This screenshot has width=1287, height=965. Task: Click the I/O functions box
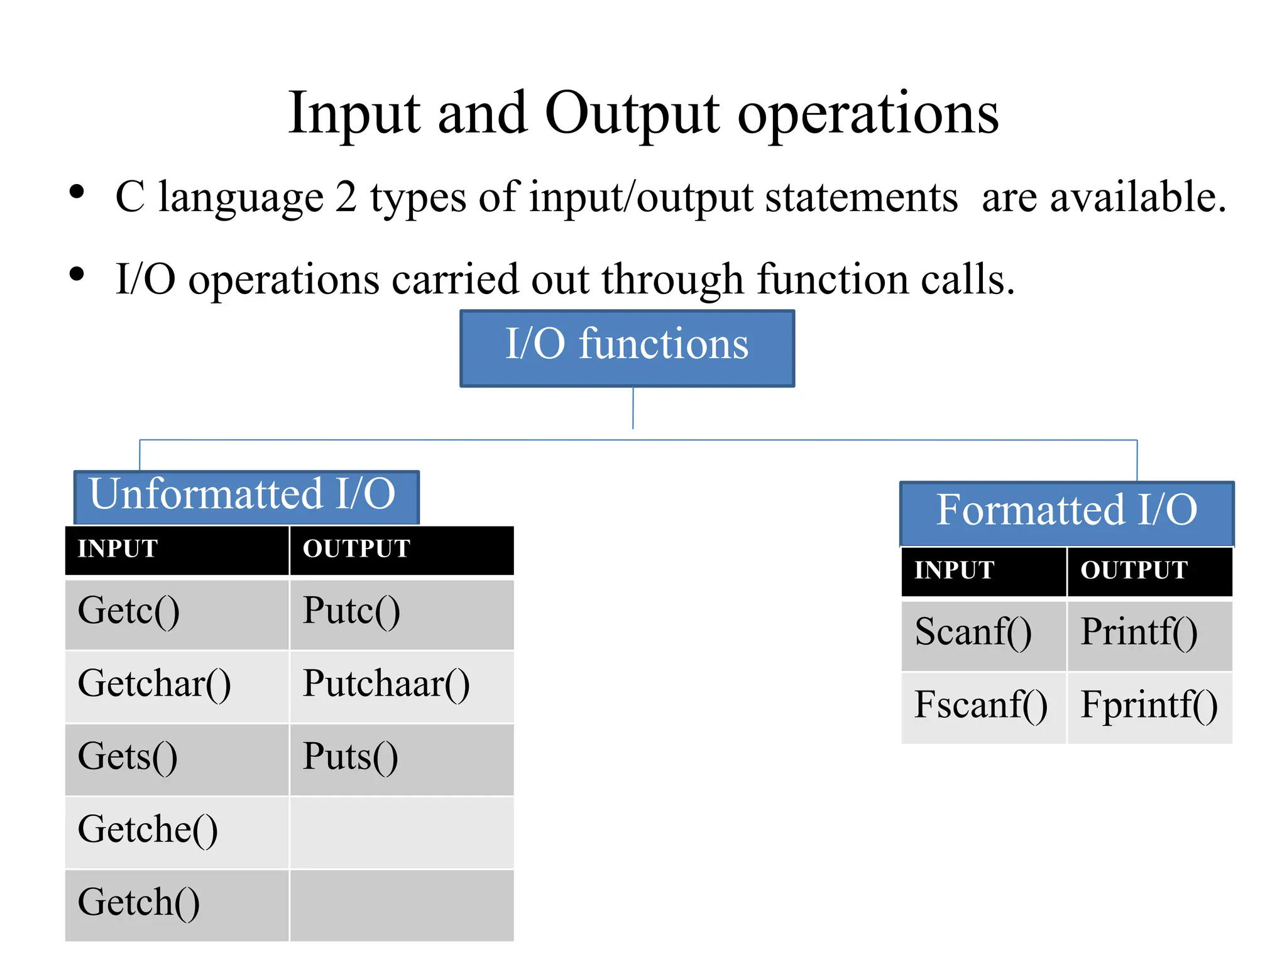[x=627, y=347]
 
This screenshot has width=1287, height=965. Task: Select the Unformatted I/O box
[x=246, y=496]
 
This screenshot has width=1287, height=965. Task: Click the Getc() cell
[x=177, y=613]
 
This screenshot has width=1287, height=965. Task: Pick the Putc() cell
[x=401, y=613]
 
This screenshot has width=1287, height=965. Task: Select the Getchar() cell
[x=177, y=686]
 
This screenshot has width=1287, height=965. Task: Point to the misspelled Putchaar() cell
[x=401, y=686]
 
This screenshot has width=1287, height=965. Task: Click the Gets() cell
[x=177, y=759]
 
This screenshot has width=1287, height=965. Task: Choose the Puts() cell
[x=401, y=759]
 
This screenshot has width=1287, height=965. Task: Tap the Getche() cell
[x=177, y=832]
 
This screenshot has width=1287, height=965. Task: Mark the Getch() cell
[x=177, y=905]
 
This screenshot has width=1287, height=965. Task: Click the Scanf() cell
[x=983, y=635]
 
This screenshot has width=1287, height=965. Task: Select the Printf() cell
[x=1149, y=635]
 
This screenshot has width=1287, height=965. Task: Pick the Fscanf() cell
[x=983, y=707]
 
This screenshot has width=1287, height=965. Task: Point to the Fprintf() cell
[x=1149, y=707]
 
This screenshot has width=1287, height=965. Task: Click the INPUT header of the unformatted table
[x=177, y=550]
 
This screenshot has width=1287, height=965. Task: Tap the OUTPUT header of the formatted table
[x=1149, y=571]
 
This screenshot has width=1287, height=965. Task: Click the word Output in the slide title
[x=632, y=115]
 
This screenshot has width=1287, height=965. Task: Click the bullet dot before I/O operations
[x=77, y=274]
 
